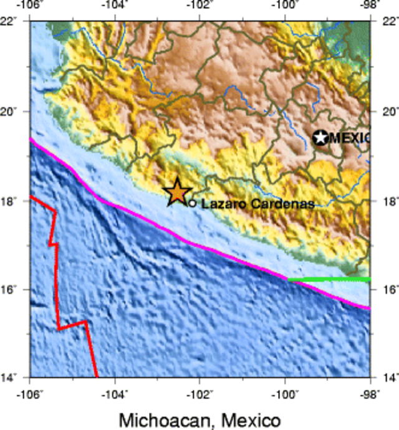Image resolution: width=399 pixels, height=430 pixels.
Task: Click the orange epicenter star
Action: [x=177, y=192]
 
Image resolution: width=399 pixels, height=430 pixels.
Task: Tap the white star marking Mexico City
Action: [x=320, y=138]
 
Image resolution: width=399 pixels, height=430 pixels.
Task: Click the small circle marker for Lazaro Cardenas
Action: [x=193, y=203]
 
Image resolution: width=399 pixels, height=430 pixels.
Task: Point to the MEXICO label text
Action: [x=349, y=138]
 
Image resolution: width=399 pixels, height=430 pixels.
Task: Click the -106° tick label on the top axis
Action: [x=29, y=5]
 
